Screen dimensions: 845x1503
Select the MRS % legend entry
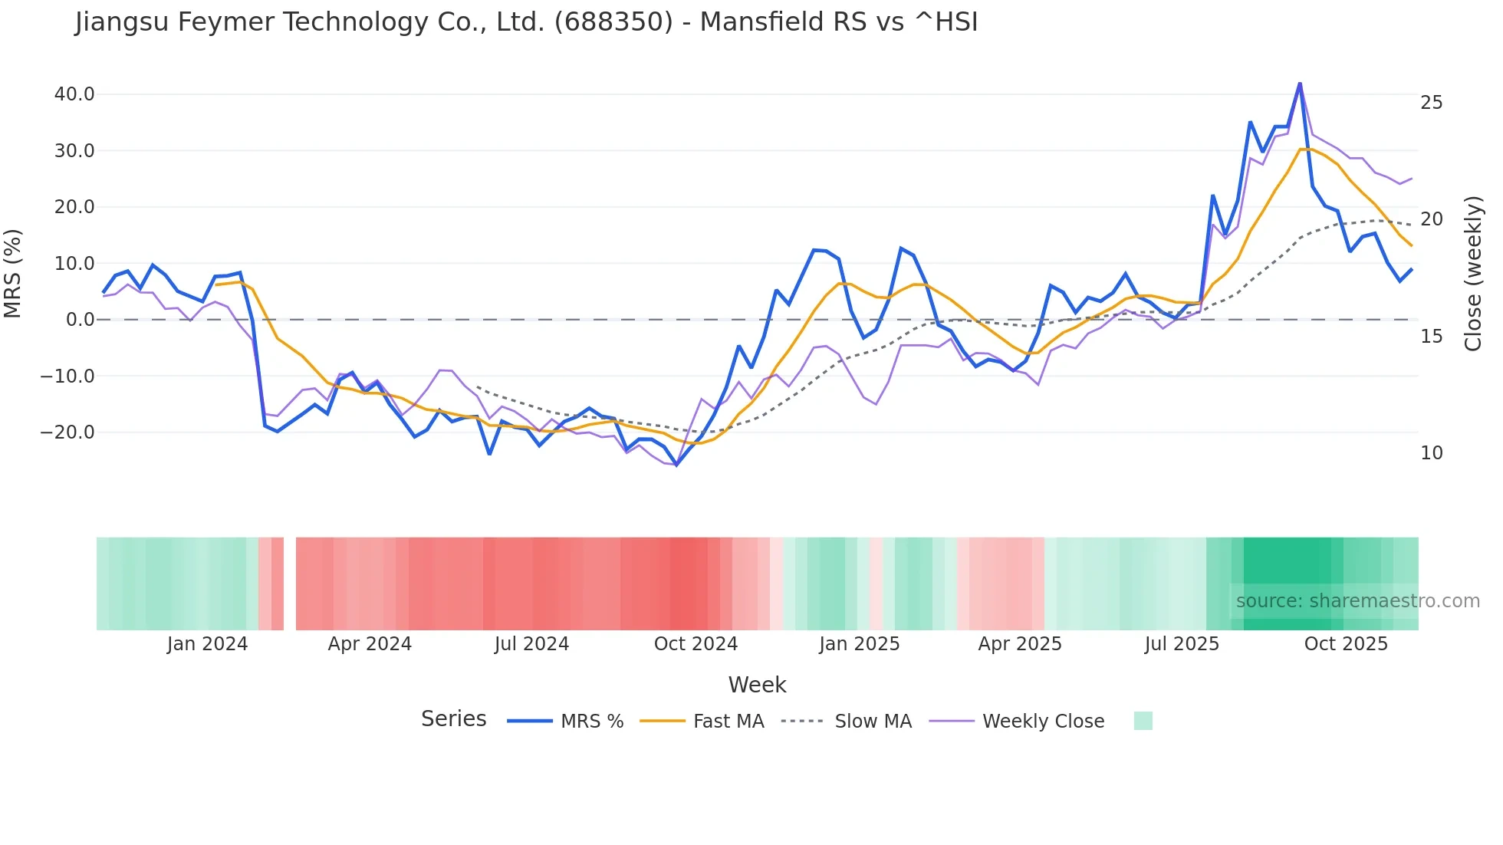pos(591,722)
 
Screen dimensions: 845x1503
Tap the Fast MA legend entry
pos(728,722)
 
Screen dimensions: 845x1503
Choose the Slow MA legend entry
pos(873,722)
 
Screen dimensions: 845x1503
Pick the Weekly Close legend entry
pos(1043,722)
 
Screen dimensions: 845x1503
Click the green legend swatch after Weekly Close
pos(1143,721)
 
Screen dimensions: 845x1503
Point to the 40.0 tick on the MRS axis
pos(74,94)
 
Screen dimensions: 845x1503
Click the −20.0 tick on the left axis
pos(67,432)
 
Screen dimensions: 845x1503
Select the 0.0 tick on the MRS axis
pos(80,320)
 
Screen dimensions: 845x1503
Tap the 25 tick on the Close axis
pos(1431,103)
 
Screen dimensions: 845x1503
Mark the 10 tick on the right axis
pos(1431,453)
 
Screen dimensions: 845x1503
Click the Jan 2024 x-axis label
pos(207,644)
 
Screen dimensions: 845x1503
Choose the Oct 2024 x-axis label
pos(696,644)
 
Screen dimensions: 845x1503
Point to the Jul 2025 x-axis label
pos(1182,644)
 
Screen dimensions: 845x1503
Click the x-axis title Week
pos(757,685)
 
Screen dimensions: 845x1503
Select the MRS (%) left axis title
pos(13,273)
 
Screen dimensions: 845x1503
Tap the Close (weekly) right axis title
pos(1473,273)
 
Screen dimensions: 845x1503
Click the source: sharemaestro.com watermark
pos(1357,601)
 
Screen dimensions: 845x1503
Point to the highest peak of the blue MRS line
pos(1300,84)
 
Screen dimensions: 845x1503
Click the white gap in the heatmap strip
pos(290,584)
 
